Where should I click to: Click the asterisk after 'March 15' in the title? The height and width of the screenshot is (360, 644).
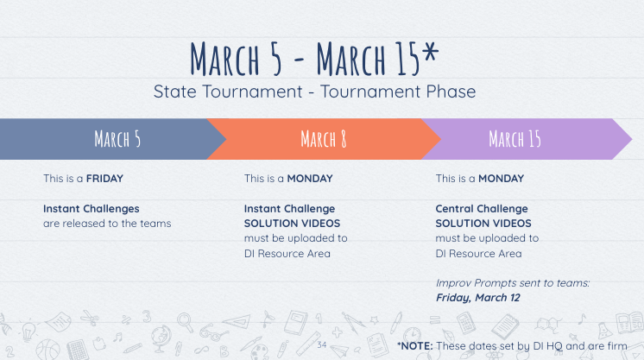tap(430, 51)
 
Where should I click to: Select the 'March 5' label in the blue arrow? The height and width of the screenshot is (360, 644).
tap(117, 139)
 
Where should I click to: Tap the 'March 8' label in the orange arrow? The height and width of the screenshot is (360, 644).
tap(324, 139)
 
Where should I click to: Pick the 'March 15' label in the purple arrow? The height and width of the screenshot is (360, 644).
tap(515, 139)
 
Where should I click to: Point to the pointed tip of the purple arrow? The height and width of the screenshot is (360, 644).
tap(632, 139)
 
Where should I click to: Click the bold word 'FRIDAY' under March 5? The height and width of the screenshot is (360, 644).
tap(104, 179)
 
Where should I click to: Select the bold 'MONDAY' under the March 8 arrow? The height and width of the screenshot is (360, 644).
tap(310, 179)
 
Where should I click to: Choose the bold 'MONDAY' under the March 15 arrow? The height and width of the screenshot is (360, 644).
tap(501, 179)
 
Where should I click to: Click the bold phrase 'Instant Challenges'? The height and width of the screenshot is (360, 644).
tap(92, 209)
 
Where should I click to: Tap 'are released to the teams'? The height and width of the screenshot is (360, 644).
tap(107, 224)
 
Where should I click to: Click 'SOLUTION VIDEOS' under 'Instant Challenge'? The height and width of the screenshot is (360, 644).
tap(292, 224)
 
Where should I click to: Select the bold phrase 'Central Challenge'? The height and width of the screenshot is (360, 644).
tap(482, 209)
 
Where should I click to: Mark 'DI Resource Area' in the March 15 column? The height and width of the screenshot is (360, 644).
tap(478, 254)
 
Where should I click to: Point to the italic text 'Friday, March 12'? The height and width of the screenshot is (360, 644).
tap(478, 298)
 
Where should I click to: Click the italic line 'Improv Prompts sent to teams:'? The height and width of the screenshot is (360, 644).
tap(513, 283)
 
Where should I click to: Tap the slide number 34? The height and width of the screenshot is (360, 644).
tap(322, 344)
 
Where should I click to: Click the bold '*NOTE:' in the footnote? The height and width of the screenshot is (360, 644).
tap(415, 346)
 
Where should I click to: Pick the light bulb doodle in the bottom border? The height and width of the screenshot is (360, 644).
tap(28, 332)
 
